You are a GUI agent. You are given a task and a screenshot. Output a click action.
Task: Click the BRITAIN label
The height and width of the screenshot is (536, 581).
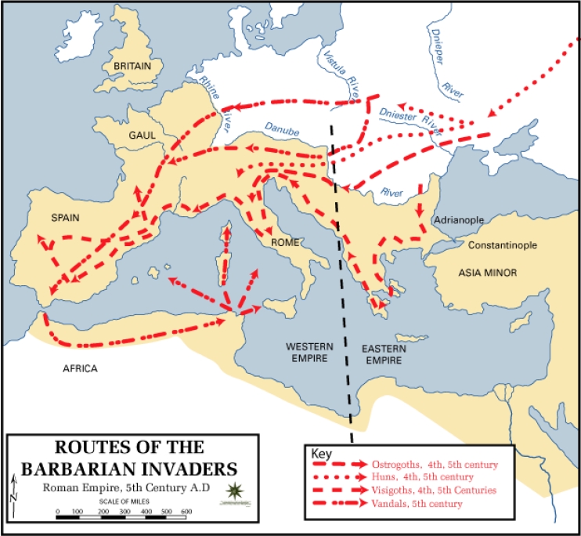tap(132, 67)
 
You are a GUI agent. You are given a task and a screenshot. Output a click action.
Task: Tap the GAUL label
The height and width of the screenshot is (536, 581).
tap(143, 135)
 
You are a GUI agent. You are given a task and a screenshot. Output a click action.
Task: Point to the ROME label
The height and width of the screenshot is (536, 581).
tap(285, 242)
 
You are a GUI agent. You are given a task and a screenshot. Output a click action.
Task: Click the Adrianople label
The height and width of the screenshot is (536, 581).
tap(460, 220)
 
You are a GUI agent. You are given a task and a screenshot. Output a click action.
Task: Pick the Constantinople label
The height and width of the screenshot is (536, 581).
tap(502, 245)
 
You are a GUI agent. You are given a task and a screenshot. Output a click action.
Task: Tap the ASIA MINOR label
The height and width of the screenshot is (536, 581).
tap(490, 273)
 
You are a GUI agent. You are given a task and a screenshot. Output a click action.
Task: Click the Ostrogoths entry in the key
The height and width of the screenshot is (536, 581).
tap(426, 463)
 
